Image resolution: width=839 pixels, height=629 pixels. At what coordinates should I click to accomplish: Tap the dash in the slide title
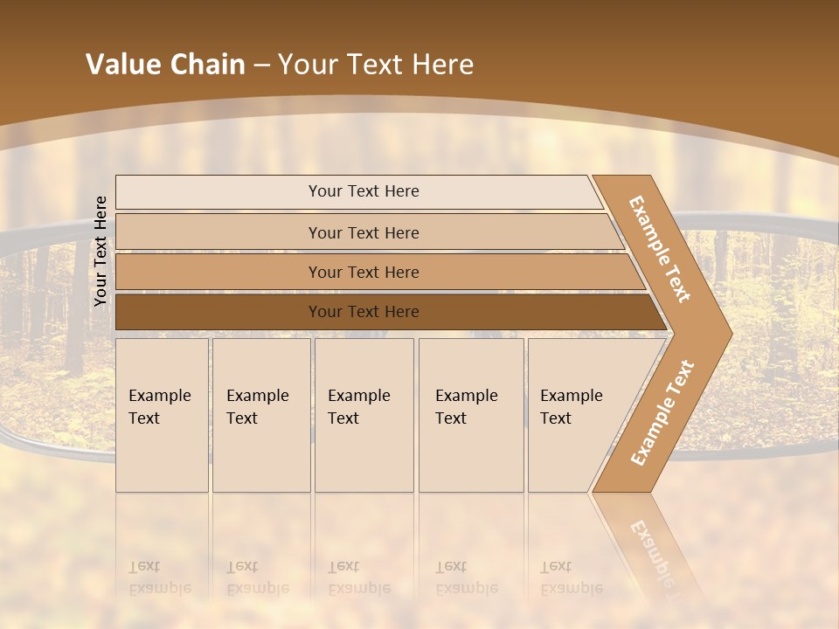[261, 66]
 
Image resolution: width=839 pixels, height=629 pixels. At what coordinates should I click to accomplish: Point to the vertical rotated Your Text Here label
[101, 251]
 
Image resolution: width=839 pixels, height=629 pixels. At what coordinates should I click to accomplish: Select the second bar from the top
[364, 232]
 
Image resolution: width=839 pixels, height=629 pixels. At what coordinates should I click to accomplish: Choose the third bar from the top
[364, 272]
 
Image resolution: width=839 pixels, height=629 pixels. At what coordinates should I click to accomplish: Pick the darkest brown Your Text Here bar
[364, 312]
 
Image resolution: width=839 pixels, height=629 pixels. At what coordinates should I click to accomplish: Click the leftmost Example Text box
[162, 415]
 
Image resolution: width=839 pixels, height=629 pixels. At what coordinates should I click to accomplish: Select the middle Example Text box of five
[364, 415]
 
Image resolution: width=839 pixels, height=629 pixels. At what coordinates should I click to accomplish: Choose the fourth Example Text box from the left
[471, 415]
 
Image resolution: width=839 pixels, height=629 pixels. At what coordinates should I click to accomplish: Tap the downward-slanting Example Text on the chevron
[660, 249]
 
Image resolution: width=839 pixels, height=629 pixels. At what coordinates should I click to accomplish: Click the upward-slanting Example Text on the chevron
[662, 413]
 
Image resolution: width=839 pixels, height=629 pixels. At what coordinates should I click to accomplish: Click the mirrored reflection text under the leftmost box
[159, 577]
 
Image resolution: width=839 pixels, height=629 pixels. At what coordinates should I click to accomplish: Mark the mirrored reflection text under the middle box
[358, 577]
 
